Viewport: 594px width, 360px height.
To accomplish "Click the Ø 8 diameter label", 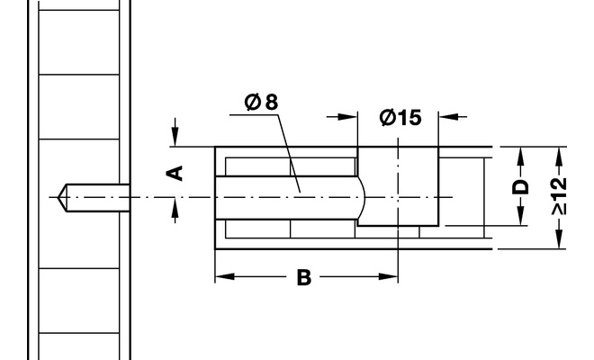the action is (261, 102).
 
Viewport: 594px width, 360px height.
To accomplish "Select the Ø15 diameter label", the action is (400, 118).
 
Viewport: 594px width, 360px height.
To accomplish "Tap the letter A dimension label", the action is (175, 173).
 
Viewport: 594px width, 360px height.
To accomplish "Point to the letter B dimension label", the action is (304, 277).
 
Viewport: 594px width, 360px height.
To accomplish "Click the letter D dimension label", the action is (520, 187).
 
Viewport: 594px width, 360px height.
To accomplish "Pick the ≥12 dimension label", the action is (559, 196).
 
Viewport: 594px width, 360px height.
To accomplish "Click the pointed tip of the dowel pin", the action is (58, 197).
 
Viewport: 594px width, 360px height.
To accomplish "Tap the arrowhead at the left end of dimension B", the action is (224, 276).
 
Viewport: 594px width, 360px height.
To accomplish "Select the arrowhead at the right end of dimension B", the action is (388, 276).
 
